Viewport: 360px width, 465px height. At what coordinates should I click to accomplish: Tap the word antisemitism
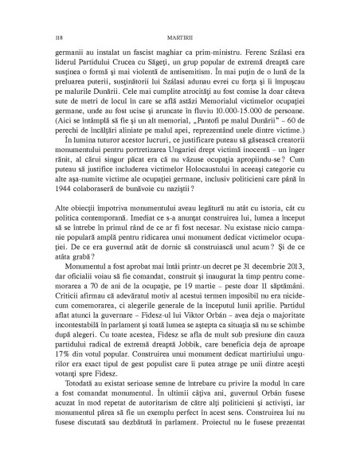208,73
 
